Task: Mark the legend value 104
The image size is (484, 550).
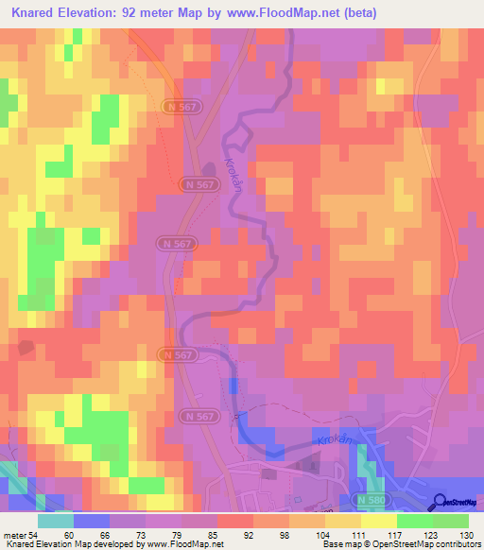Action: pyautogui.click(x=323, y=536)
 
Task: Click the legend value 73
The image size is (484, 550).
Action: pyautogui.click(x=145, y=536)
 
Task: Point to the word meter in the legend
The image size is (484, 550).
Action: pyautogui.click(x=15, y=536)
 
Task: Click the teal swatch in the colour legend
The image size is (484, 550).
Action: pyautogui.click(x=55, y=521)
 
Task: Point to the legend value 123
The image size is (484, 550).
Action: pyautogui.click(x=431, y=536)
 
